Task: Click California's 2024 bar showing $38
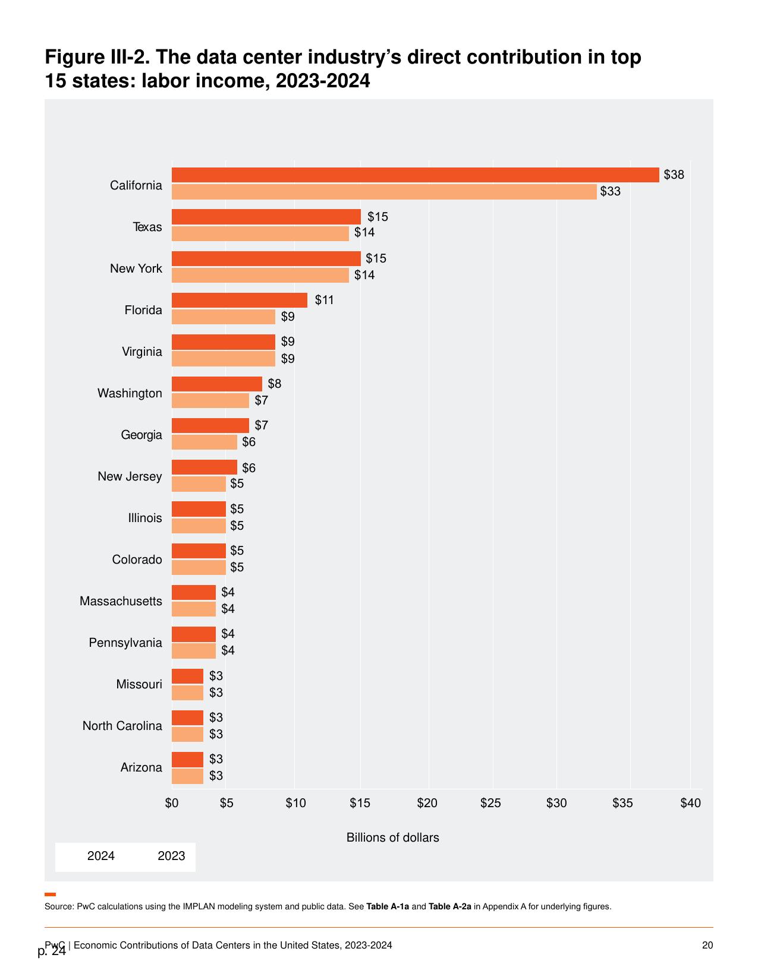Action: (x=416, y=175)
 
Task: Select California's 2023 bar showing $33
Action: (x=384, y=192)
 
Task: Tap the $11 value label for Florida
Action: (x=324, y=300)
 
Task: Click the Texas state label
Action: (x=147, y=227)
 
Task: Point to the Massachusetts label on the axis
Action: (x=121, y=601)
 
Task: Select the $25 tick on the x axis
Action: (x=490, y=803)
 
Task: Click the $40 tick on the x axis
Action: (x=691, y=803)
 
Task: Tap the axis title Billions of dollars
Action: (x=393, y=837)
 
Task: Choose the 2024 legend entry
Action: (x=100, y=855)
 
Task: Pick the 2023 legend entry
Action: (x=171, y=855)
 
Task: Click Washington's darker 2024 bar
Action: (x=217, y=384)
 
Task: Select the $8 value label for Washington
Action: (x=275, y=383)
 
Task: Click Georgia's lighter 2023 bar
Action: (x=205, y=442)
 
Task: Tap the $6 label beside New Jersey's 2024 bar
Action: (x=249, y=467)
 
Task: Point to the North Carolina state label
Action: (x=122, y=726)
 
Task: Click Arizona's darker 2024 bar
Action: (x=187, y=760)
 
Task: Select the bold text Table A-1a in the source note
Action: (x=388, y=906)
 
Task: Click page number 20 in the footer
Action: (x=707, y=946)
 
